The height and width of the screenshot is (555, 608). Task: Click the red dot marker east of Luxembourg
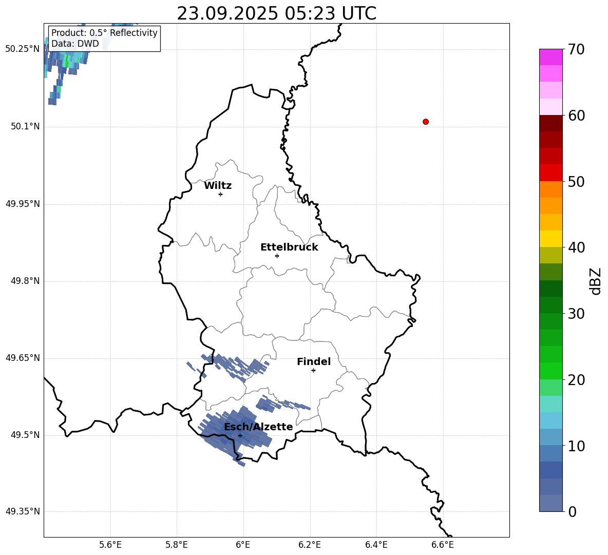coord(426,122)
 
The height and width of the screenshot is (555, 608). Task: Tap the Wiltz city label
coord(218,186)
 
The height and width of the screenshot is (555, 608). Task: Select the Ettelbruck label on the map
coord(289,247)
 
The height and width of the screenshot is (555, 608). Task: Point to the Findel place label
coord(314,362)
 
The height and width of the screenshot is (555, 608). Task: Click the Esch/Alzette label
coord(258,427)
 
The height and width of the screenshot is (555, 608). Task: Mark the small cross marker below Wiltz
coord(220,194)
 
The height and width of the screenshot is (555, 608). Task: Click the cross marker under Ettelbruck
coord(277,256)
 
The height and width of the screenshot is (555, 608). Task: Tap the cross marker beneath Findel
coord(313,370)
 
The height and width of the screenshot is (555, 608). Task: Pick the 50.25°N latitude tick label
coord(23,49)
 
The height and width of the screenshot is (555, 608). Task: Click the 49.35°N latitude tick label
coord(23,512)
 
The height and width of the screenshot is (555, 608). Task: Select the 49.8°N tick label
coord(25,281)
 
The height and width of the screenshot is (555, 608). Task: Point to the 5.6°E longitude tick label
coord(110,545)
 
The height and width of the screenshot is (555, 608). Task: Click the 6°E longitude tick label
coord(243,545)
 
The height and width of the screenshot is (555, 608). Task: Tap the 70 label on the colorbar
coord(577,50)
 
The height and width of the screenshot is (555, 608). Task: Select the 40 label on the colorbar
coord(577,248)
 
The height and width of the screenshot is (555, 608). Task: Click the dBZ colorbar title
coord(596,281)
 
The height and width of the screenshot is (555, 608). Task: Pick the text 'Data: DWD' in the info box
coord(75,44)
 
